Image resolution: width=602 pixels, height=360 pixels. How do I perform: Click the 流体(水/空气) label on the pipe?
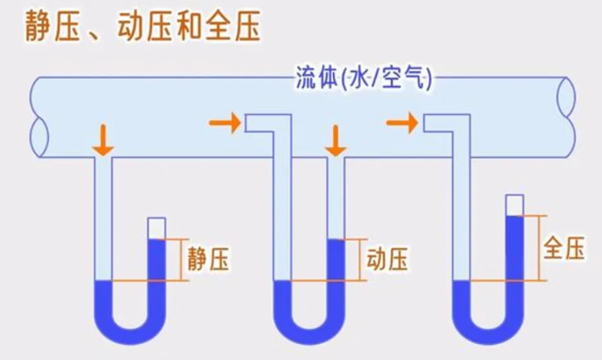(363, 80)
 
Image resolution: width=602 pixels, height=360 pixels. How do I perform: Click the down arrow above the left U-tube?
(102, 140)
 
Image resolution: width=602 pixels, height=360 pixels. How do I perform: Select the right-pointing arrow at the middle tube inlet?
(223, 122)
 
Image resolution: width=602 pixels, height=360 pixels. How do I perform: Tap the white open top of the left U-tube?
(156, 228)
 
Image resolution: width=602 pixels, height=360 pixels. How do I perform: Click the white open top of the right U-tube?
(514, 205)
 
